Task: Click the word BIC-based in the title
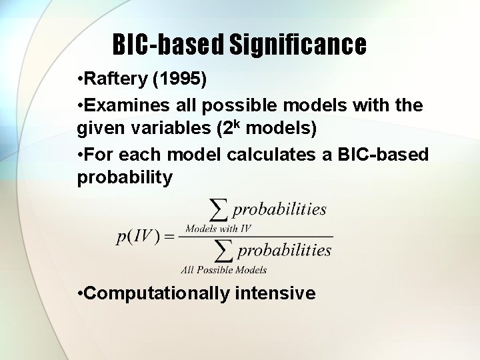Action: coord(168,45)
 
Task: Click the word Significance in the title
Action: coord(298,45)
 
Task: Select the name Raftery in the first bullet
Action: coord(115,79)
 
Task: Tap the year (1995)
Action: coord(180,79)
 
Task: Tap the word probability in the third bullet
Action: coord(125,178)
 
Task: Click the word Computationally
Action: coord(156,293)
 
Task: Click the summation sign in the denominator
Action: coord(224,251)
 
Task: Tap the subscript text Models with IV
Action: coord(218,229)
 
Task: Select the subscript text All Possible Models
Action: coord(224,270)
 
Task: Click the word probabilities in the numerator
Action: coord(279,209)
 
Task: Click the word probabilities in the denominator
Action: coord(285,251)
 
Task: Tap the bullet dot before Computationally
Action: coord(80,293)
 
